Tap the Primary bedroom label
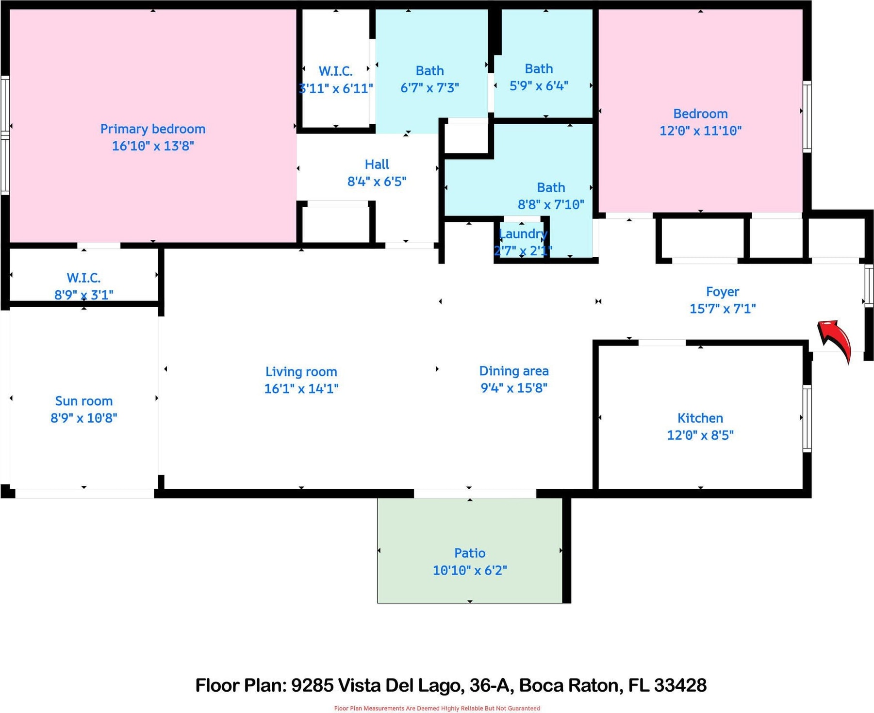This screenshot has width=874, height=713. tap(153, 129)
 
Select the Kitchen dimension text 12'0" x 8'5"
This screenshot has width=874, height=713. tap(700, 435)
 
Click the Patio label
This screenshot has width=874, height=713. tap(470, 553)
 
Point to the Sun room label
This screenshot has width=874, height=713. tap(84, 401)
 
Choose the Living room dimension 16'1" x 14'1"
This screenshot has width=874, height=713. tap(301, 388)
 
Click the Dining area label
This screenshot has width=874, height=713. tap(514, 371)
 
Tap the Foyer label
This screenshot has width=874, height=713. tap(723, 292)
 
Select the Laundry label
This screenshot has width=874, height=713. tap(523, 234)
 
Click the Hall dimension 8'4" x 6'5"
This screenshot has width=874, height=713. tap(377, 182)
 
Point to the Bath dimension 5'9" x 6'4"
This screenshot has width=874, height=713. tap(539, 86)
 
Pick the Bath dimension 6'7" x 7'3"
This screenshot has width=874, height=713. tap(429, 88)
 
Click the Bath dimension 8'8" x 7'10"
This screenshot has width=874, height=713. tap(551, 204)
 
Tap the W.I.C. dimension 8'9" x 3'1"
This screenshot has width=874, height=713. tap(84, 295)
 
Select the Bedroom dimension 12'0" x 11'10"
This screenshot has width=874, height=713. tap(700, 131)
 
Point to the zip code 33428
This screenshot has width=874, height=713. tap(680, 685)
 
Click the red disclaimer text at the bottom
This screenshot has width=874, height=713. tap(437, 708)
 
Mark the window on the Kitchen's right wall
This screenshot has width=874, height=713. tap(807, 418)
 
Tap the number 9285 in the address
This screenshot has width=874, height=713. tap(312, 685)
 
